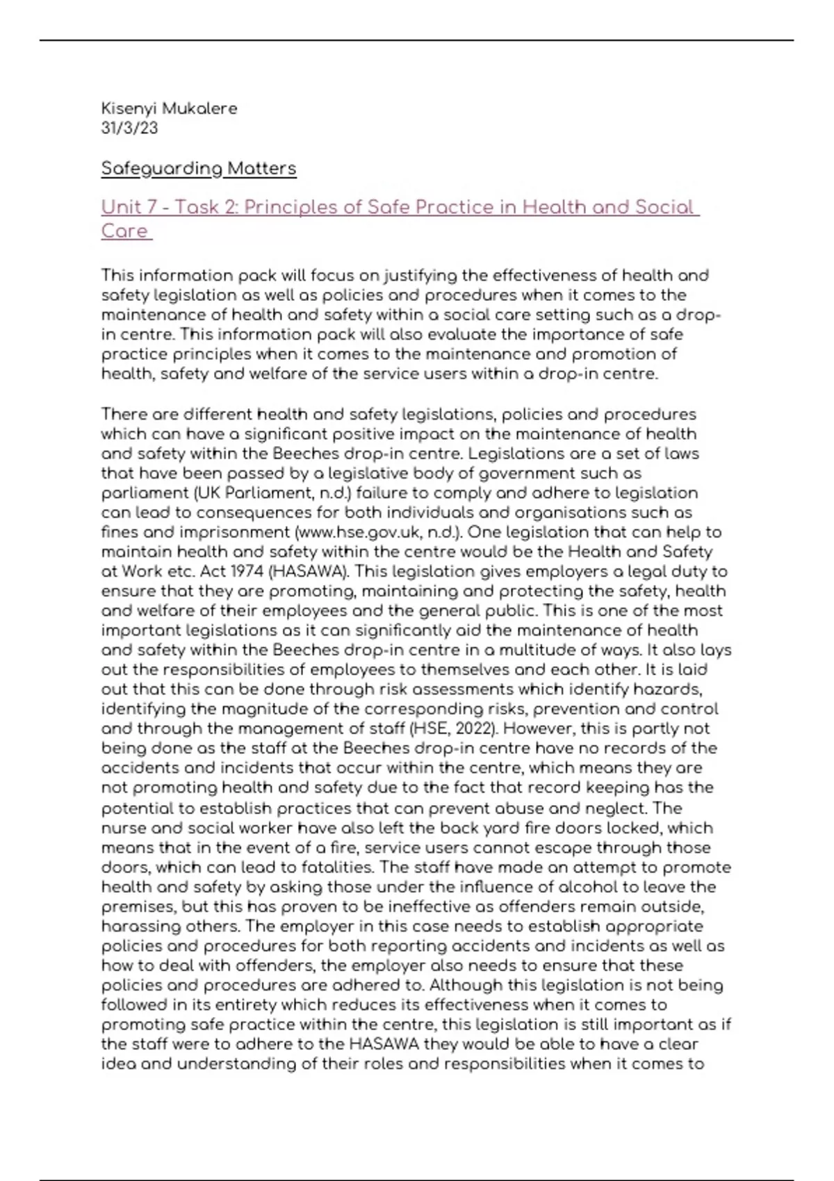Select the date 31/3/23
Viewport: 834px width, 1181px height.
click(129, 129)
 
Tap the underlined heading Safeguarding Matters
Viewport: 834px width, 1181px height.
click(199, 169)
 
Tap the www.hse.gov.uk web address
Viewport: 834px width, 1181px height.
click(352, 533)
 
